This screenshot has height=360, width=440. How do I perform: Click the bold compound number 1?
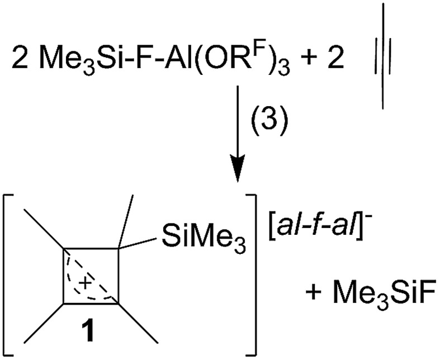pos(89,331)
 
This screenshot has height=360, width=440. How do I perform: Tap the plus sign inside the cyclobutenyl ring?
pos(86,283)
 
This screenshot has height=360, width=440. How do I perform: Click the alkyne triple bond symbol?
pos(383,56)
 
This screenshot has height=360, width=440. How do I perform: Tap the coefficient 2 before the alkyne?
pos(335,58)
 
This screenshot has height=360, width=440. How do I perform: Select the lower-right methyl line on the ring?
pos(138,323)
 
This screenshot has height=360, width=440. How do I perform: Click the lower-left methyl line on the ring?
pos(44,323)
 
